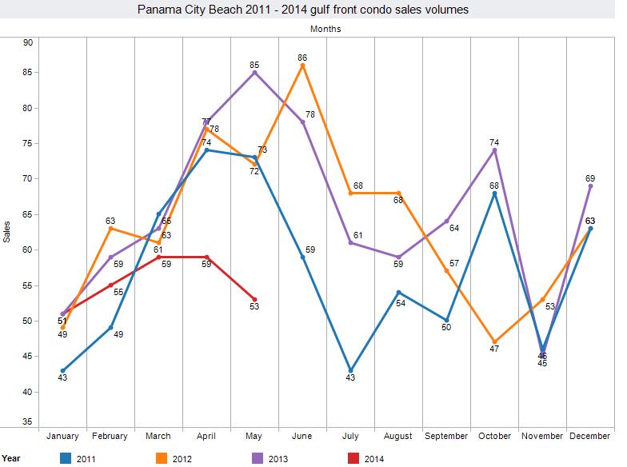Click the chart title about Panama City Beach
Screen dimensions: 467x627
[313, 10]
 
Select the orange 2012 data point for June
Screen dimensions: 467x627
[302, 65]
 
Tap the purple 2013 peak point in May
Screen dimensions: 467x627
[254, 72]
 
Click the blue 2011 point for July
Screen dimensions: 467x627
[350, 370]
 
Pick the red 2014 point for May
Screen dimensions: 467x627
[254, 299]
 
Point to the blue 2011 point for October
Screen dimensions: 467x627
[494, 193]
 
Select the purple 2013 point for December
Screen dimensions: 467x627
[590, 186]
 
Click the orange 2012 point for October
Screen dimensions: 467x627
[494, 341]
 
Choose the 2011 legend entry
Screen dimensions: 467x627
[78, 458]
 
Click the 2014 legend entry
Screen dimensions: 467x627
[366, 458]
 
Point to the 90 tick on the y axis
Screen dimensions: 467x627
[27, 42]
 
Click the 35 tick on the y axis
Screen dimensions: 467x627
[27, 421]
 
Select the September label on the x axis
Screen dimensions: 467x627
[446, 437]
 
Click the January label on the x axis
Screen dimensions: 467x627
[62, 437]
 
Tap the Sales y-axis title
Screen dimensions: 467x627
[7, 232]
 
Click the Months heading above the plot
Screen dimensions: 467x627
[325, 29]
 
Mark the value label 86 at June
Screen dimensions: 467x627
[302, 58]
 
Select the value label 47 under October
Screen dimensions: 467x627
[494, 349]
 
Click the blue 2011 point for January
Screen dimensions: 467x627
[62, 370]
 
